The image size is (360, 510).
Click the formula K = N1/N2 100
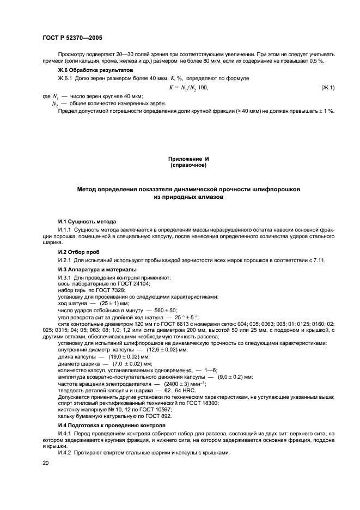tap(188, 88)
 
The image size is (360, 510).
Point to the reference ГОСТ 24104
tap(135, 284)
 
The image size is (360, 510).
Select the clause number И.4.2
tap(67, 453)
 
